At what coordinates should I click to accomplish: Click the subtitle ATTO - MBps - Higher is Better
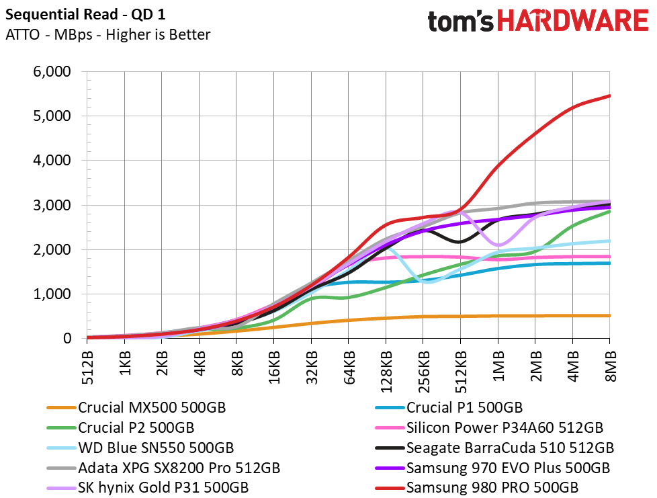(x=107, y=34)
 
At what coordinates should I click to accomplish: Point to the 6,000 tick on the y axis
(x=52, y=71)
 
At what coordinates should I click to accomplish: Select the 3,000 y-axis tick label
(x=52, y=205)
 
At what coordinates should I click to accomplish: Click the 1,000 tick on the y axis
(x=52, y=294)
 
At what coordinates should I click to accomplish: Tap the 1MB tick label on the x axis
(x=498, y=364)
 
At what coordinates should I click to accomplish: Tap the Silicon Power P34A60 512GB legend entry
(x=505, y=427)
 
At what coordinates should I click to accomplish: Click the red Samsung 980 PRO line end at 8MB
(x=609, y=96)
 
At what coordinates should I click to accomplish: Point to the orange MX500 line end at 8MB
(x=609, y=316)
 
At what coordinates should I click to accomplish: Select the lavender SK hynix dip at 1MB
(x=498, y=245)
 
